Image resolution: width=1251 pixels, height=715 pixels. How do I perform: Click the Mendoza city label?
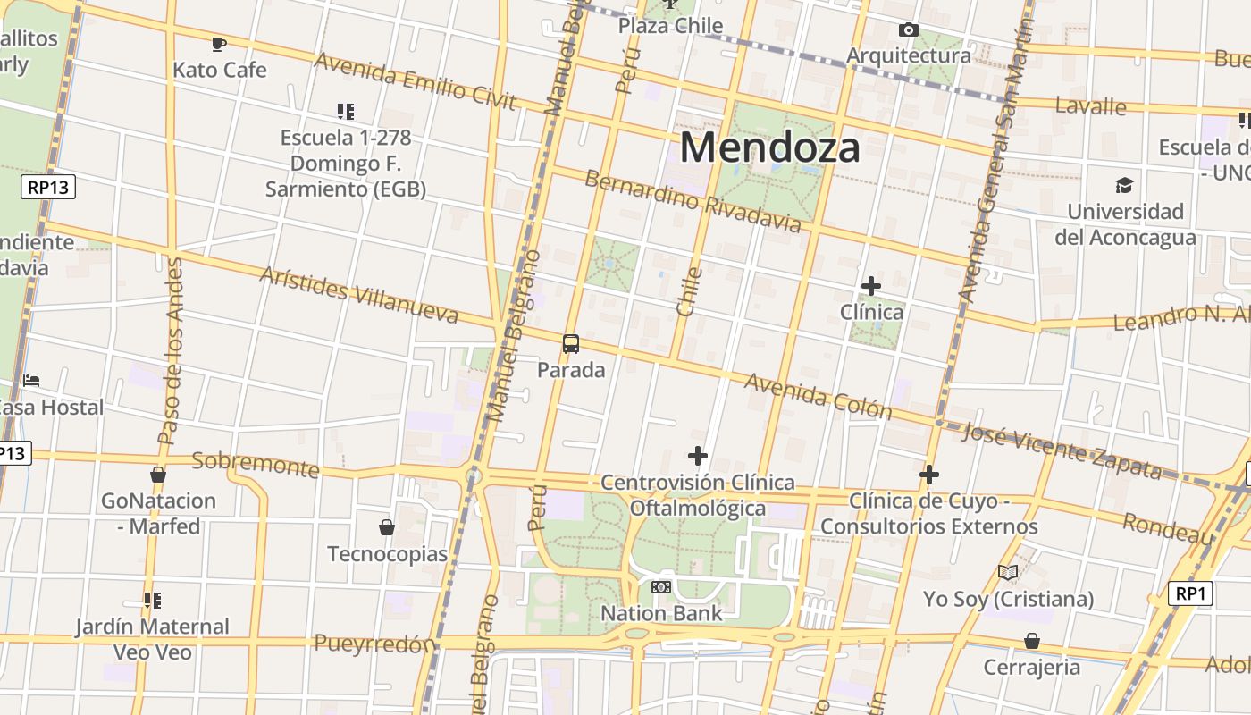pos(770,147)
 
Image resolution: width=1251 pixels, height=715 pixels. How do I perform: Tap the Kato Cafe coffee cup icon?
pos(219,43)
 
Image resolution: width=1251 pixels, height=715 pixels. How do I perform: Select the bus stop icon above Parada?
pos(571,344)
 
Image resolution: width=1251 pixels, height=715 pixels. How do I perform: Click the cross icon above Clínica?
pos(871,286)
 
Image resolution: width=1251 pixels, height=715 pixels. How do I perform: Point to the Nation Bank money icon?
pos(661,587)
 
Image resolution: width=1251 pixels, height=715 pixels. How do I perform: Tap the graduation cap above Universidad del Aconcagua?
pos(1124,185)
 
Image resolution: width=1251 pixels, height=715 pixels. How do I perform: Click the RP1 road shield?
pos(1191,593)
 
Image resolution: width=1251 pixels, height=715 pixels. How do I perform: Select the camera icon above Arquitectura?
pos(909,30)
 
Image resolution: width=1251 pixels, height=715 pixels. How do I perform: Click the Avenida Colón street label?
pos(819,396)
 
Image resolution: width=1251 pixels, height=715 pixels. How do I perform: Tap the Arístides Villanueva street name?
pos(358,294)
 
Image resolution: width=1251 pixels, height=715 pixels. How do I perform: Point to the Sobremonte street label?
pos(256,464)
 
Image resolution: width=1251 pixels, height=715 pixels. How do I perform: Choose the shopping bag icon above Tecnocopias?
pos(387,527)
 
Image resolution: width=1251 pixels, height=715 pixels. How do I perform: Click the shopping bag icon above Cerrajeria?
pos(1032,641)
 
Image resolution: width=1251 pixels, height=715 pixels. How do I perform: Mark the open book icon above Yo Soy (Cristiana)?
pos(1008,572)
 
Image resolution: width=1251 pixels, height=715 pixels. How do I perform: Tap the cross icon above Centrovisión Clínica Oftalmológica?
pos(698,456)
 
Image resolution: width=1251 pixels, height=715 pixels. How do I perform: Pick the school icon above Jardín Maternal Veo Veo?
pos(152,600)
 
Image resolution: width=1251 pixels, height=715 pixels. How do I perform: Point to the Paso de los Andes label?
pos(170,351)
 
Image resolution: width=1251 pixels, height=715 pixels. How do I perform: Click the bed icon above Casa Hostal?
pos(32,381)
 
